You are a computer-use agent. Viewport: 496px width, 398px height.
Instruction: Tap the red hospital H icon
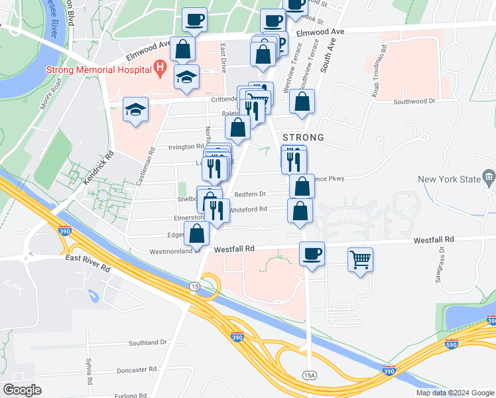159,66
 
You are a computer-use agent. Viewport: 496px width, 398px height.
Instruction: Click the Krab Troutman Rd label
379,73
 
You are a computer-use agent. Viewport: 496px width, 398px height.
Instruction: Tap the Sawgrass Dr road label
440,266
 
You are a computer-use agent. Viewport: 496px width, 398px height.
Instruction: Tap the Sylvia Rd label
88,371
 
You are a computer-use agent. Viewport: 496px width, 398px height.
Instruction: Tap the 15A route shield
310,375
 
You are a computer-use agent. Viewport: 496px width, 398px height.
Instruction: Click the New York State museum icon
489,178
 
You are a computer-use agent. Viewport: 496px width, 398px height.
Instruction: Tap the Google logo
21,390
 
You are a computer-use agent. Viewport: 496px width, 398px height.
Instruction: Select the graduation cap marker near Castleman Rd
136,109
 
